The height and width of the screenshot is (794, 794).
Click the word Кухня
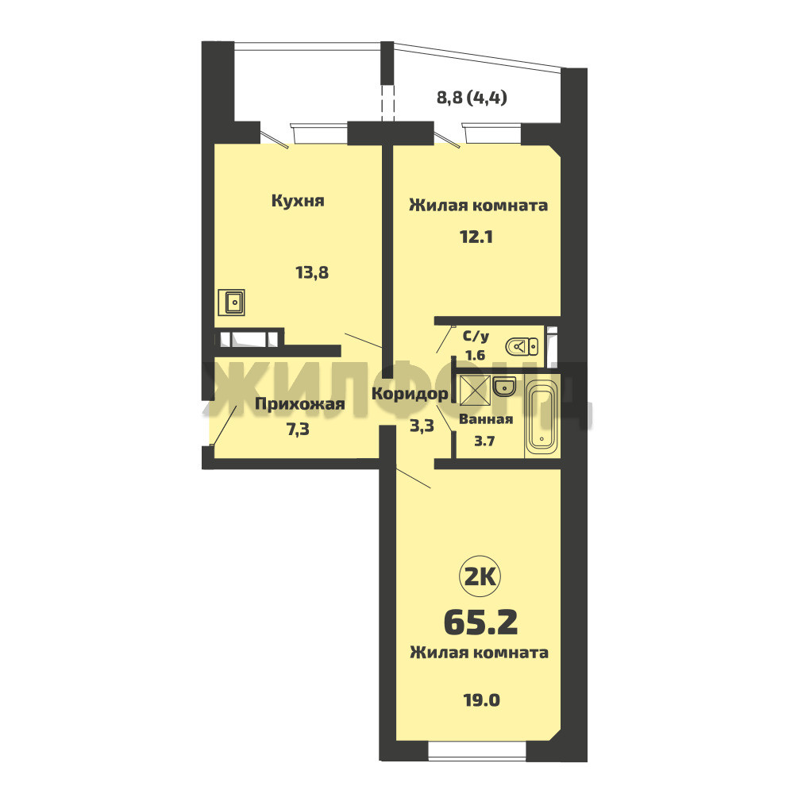[x=298, y=201]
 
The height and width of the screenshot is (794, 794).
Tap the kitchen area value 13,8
[x=312, y=273]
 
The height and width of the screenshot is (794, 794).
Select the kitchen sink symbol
[x=231, y=303]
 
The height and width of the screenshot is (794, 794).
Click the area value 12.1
[x=476, y=237]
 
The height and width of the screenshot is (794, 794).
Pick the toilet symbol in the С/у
[x=522, y=347]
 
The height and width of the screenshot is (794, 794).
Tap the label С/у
[x=476, y=336]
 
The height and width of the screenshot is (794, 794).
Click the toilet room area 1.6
[x=475, y=355]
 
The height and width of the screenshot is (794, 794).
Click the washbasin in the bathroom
[x=504, y=387]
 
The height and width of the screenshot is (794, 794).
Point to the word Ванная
[x=486, y=419]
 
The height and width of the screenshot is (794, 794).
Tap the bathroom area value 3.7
[x=484, y=441]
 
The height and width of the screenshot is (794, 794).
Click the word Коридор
[x=410, y=394]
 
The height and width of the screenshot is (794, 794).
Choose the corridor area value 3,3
[x=422, y=426]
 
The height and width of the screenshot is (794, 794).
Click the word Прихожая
[x=300, y=405]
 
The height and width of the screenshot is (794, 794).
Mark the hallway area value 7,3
[x=299, y=430]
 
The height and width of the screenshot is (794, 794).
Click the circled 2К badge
[x=480, y=576]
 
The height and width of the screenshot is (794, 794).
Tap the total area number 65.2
[x=481, y=622]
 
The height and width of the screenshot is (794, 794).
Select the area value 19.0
[x=482, y=700]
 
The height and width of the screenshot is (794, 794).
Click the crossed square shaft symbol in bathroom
[x=475, y=391]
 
